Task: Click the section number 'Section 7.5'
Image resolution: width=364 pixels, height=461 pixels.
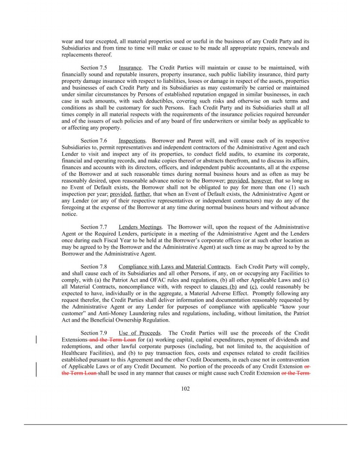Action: (94, 68)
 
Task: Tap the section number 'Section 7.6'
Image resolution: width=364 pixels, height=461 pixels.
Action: (94, 141)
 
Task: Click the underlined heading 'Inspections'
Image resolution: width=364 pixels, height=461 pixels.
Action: (132, 141)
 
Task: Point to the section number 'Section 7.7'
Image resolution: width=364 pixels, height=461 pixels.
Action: (94, 227)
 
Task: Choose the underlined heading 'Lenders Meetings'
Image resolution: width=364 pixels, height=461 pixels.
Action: (140, 227)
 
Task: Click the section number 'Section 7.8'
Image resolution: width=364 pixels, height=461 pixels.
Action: (94, 267)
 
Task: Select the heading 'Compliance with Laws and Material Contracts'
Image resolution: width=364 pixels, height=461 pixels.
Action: (174, 267)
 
